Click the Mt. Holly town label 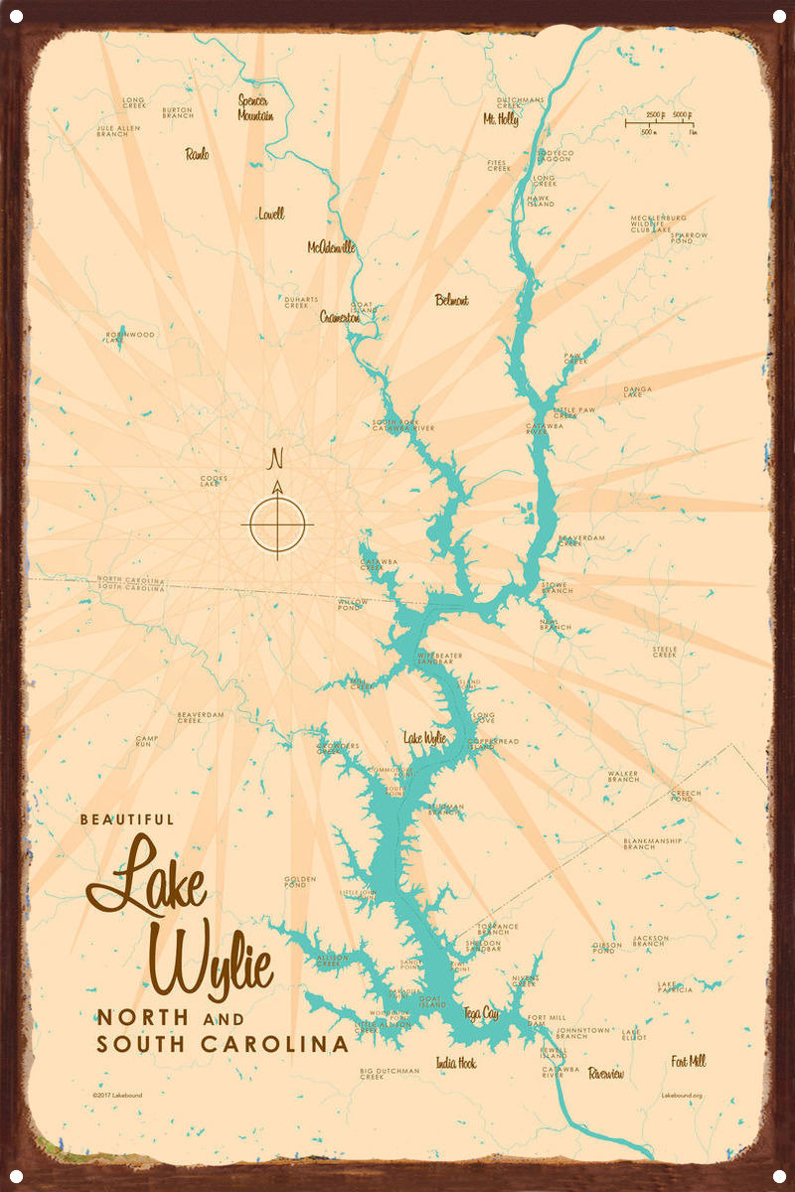[x=501, y=119]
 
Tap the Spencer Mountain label [x=255, y=107]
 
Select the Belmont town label [x=451, y=300]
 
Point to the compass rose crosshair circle [x=277, y=523]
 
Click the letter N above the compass [x=277, y=459]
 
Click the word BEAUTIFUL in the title [x=126, y=819]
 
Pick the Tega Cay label [x=481, y=1013]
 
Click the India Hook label [x=455, y=1063]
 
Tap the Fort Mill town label [x=688, y=1061]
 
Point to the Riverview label [x=606, y=1074]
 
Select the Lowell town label [x=270, y=214]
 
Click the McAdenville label [x=331, y=247]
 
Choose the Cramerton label [x=340, y=318]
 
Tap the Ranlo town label [x=197, y=154]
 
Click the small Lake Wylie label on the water [x=424, y=738]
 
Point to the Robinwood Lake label [x=130, y=338]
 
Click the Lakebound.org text [x=682, y=1096]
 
